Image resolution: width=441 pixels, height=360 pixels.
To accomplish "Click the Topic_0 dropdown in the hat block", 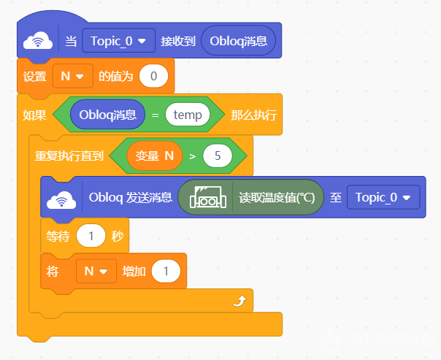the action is click(x=119, y=40).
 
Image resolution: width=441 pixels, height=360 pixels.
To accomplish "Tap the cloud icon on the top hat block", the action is click(x=38, y=41).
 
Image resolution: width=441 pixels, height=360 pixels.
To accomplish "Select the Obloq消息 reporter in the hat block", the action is click(x=238, y=41).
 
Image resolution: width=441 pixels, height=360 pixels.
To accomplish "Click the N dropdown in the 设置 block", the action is click(x=72, y=76).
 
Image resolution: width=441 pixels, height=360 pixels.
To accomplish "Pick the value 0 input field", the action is click(x=153, y=76).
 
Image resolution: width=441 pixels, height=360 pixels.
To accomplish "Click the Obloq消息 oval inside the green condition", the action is click(x=108, y=115).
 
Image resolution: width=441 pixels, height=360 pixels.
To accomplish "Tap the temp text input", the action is click(x=188, y=115).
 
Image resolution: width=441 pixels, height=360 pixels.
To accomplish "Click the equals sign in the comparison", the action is click(x=156, y=115).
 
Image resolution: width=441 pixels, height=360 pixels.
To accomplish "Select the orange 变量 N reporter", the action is click(x=155, y=156).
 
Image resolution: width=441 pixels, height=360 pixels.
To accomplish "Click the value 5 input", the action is click(x=218, y=156).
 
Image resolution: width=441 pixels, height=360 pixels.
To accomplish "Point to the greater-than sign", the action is click(x=193, y=156).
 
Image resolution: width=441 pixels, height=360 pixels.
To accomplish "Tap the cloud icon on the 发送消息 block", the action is click(x=61, y=199).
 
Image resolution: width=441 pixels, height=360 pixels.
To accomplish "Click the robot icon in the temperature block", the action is click(x=208, y=197).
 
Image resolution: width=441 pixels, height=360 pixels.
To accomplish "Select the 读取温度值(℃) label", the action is click(x=277, y=197).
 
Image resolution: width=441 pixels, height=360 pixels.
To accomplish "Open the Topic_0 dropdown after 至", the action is click(x=383, y=197).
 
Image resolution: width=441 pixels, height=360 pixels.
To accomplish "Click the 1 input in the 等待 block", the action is click(x=91, y=236).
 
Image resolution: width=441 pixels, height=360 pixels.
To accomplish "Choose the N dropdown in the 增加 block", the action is click(x=96, y=271).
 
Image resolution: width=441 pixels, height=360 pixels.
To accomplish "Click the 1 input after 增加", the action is click(x=166, y=271).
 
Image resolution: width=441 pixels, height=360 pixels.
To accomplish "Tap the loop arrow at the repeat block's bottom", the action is click(x=239, y=302).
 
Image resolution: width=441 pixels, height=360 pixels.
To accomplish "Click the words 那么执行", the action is click(x=253, y=115).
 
